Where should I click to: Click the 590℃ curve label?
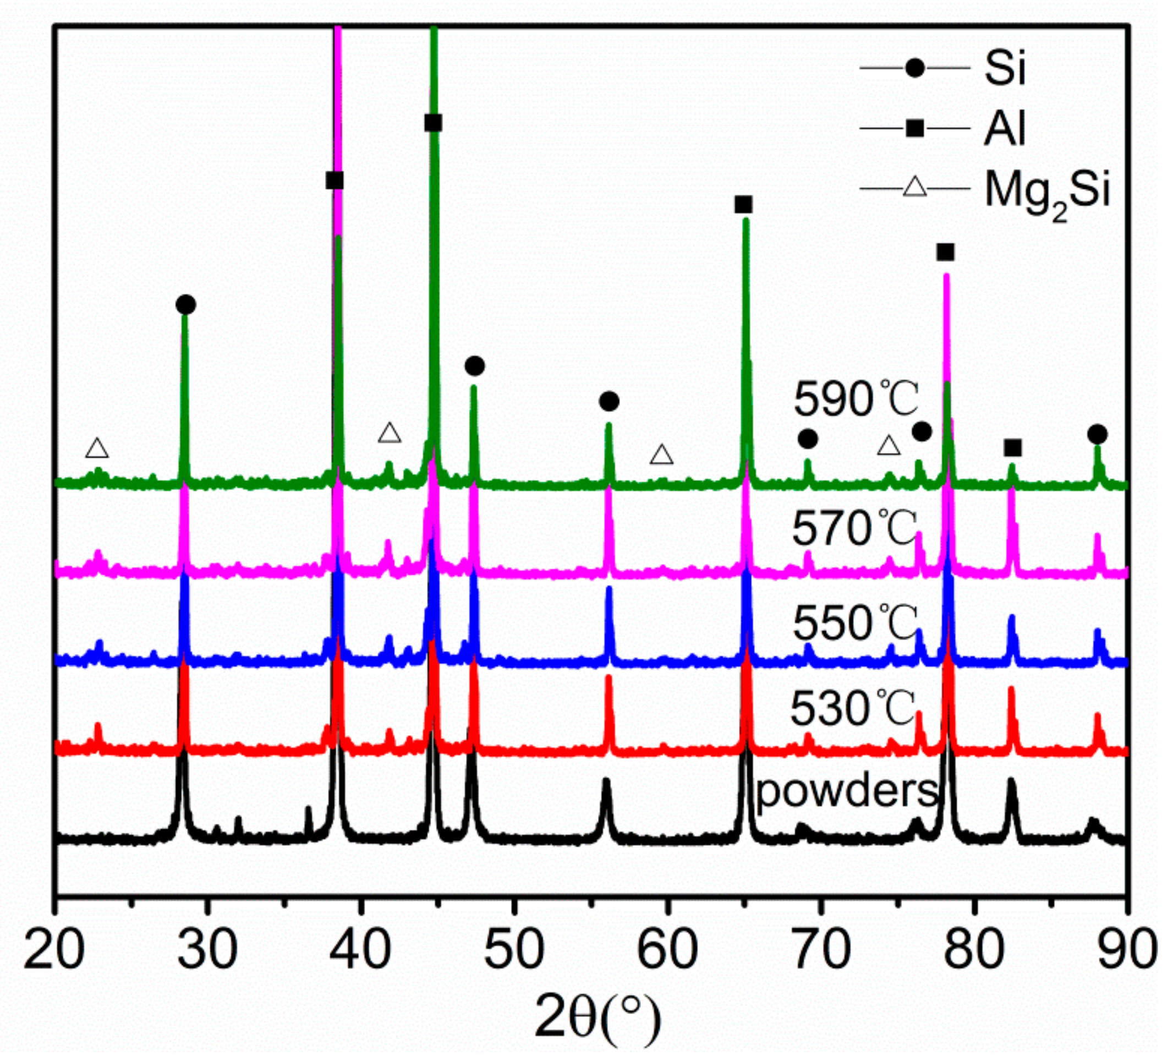(856, 400)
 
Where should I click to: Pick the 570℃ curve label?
(854, 528)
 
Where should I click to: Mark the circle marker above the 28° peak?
(185, 304)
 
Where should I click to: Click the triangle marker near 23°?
(97, 448)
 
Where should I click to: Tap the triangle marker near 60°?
(661, 455)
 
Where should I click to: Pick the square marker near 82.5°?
(1013, 448)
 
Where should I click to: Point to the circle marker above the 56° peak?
(609, 401)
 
